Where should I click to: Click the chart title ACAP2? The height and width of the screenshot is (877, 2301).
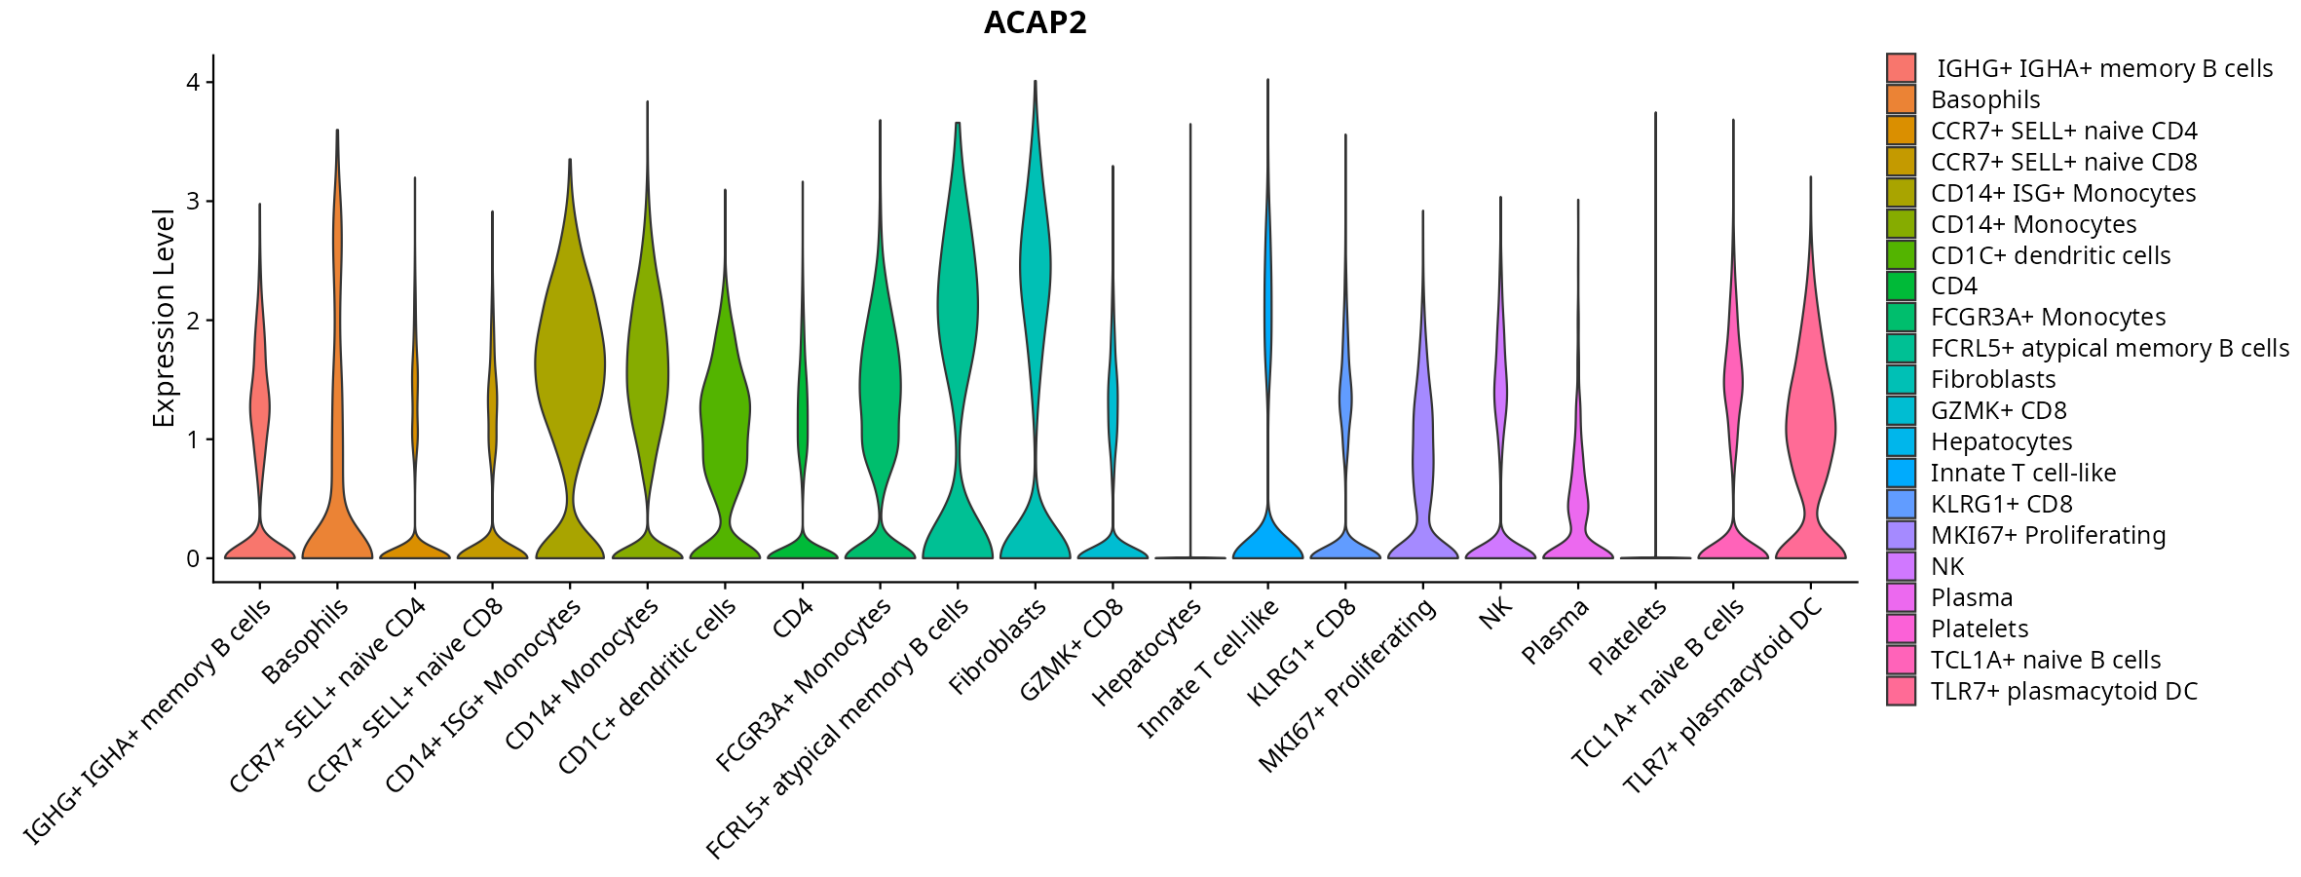click(x=1035, y=22)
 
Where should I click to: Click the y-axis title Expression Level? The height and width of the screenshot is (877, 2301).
click(x=164, y=318)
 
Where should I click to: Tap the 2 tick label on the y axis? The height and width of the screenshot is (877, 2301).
click(x=193, y=321)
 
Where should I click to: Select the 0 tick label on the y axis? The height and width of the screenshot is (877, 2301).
click(x=193, y=558)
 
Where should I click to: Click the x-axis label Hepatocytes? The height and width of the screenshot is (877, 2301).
click(x=1148, y=652)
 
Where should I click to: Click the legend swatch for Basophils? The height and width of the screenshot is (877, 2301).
click(x=1901, y=99)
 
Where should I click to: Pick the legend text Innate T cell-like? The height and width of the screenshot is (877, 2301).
click(x=2023, y=473)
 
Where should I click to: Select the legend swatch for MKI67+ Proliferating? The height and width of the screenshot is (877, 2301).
click(x=1901, y=535)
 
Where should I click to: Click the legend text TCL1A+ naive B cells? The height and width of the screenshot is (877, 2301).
click(x=2046, y=660)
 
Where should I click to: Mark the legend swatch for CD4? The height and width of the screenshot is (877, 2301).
click(x=1901, y=286)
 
